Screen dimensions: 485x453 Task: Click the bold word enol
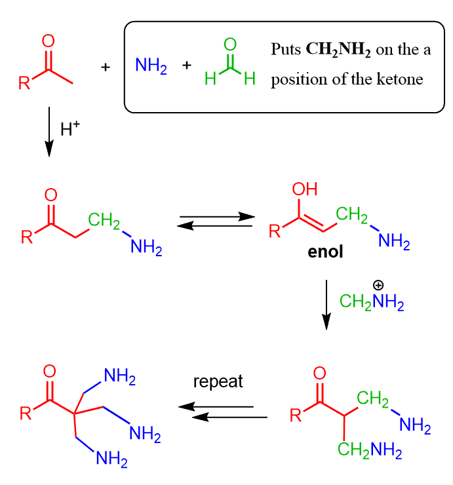pyautogui.click(x=325, y=252)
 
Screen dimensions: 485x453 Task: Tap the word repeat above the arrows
pyautogui.click(x=218, y=382)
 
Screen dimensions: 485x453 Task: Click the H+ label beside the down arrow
pyautogui.click(x=69, y=129)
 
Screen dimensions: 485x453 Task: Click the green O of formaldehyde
pyautogui.click(x=229, y=45)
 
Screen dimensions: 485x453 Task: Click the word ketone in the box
pyautogui.click(x=401, y=80)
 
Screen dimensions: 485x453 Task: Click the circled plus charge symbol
pyautogui.click(x=379, y=286)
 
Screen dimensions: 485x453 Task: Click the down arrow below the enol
pyautogui.click(x=326, y=305)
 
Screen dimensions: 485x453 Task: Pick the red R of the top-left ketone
pyautogui.click(x=24, y=84)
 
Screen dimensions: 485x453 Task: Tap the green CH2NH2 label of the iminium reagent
pyautogui.click(x=371, y=303)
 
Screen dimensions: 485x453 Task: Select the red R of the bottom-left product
pyautogui.click(x=24, y=413)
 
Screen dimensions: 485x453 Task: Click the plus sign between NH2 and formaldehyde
pyautogui.click(x=187, y=66)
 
